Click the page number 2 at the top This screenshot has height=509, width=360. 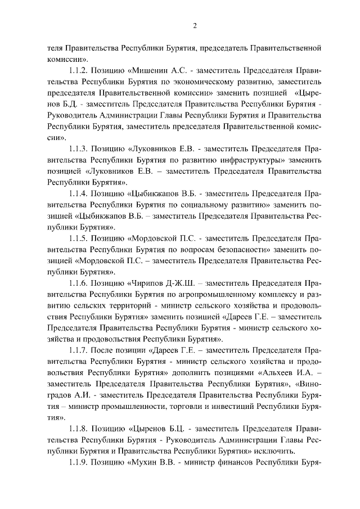coord(194,25)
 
